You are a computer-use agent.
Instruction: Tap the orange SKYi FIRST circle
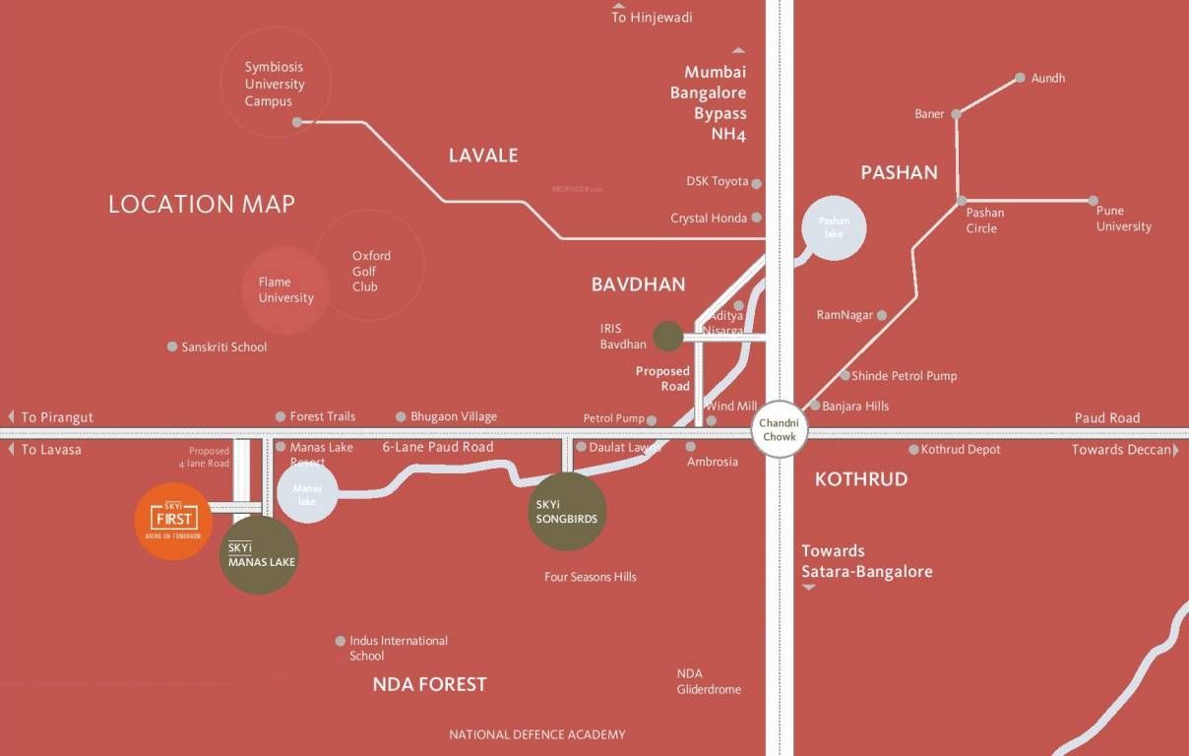[x=173, y=521]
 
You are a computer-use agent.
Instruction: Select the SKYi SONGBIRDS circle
[x=567, y=512]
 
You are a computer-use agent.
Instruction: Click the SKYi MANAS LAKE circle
[x=259, y=555]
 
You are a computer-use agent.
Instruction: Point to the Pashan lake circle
[x=834, y=227]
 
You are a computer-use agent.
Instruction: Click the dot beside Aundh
[x=1020, y=78]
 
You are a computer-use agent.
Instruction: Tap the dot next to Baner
[x=956, y=114]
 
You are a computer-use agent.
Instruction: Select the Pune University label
[x=1123, y=219]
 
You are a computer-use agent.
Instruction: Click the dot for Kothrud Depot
[x=913, y=450]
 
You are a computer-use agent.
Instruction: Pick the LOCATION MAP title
[x=202, y=204]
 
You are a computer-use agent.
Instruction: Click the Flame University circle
[x=284, y=290]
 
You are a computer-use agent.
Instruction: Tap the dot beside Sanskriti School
[x=172, y=346]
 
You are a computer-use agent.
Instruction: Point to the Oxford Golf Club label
[x=371, y=271]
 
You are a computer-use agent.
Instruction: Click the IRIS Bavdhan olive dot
[x=668, y=337]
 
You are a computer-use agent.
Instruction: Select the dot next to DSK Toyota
[x=756, y=183]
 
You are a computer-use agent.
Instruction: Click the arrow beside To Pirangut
[x=11, y=417]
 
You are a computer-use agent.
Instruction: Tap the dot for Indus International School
[x=341, y=641]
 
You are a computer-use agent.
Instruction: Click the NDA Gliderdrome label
[x=708, y=681]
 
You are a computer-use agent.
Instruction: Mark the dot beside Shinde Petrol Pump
[x=845, y=375]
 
